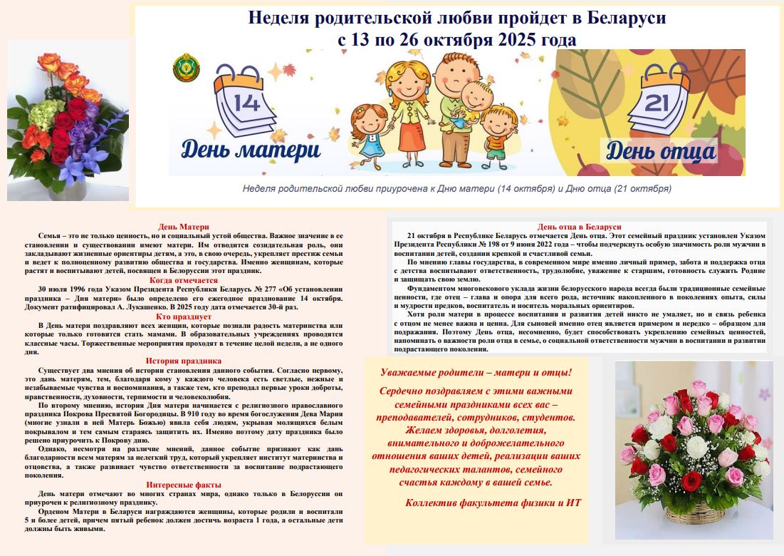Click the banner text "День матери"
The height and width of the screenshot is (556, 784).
[x=250, y=150]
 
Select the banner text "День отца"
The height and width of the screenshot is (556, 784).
[x=660, y=151]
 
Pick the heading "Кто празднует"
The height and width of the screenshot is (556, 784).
[x=184, y=316]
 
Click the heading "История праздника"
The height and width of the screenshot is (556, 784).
[x=184, y=361]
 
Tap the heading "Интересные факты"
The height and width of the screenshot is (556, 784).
[x=184, y=484]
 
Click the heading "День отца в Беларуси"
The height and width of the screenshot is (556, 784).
[x=580, y=227]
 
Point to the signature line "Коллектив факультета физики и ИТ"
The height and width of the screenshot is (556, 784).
[x=493, y=503]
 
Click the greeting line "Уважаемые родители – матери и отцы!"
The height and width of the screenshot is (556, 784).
[x=476, y=373]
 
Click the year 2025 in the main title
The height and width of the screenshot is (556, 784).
[x=513, y=40]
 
